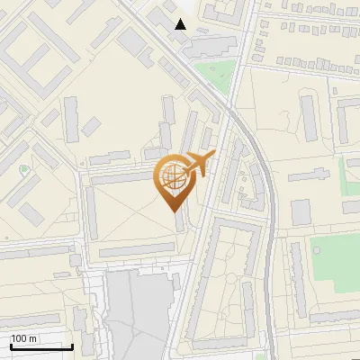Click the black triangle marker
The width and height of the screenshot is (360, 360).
tap(181, 24)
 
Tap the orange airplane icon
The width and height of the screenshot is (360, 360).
tap(197, 164)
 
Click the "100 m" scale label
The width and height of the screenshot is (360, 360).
tap(23, 338)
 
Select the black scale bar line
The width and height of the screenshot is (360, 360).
tap(41, 346)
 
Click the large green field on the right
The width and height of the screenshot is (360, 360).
tap(334, 263)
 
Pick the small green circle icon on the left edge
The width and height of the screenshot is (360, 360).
tap(24, 168)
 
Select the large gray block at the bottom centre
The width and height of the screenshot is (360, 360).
tap(139, 310)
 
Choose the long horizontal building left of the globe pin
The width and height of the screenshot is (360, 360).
tap(121, 178)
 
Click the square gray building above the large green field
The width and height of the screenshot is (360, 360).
tap(301, 212)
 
